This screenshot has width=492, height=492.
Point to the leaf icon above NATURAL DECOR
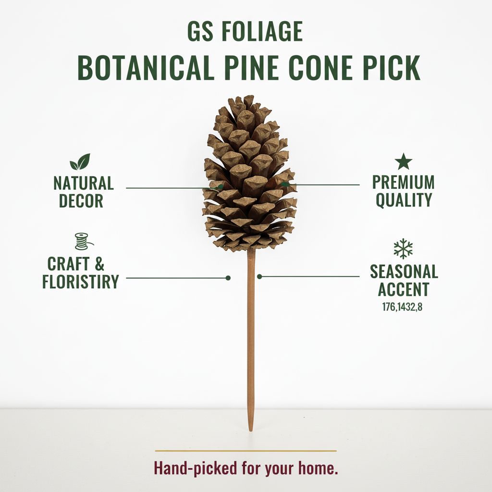point(80,162)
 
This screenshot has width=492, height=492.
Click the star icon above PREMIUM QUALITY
point(404,161)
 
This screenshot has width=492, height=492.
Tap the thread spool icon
point(82,241)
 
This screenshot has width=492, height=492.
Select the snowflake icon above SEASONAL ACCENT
point(403,248)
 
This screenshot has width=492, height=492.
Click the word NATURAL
point(84,184)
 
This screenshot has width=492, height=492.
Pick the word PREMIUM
point(404,183)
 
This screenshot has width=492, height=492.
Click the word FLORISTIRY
point(81,282)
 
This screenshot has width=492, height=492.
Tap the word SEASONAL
point(404,272)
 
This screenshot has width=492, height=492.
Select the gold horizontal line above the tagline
point(246,451)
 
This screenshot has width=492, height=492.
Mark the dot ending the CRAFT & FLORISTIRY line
point(228,278)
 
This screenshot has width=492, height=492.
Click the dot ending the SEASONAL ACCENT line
point(259,276)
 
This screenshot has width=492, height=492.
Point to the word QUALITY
point(404,200)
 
